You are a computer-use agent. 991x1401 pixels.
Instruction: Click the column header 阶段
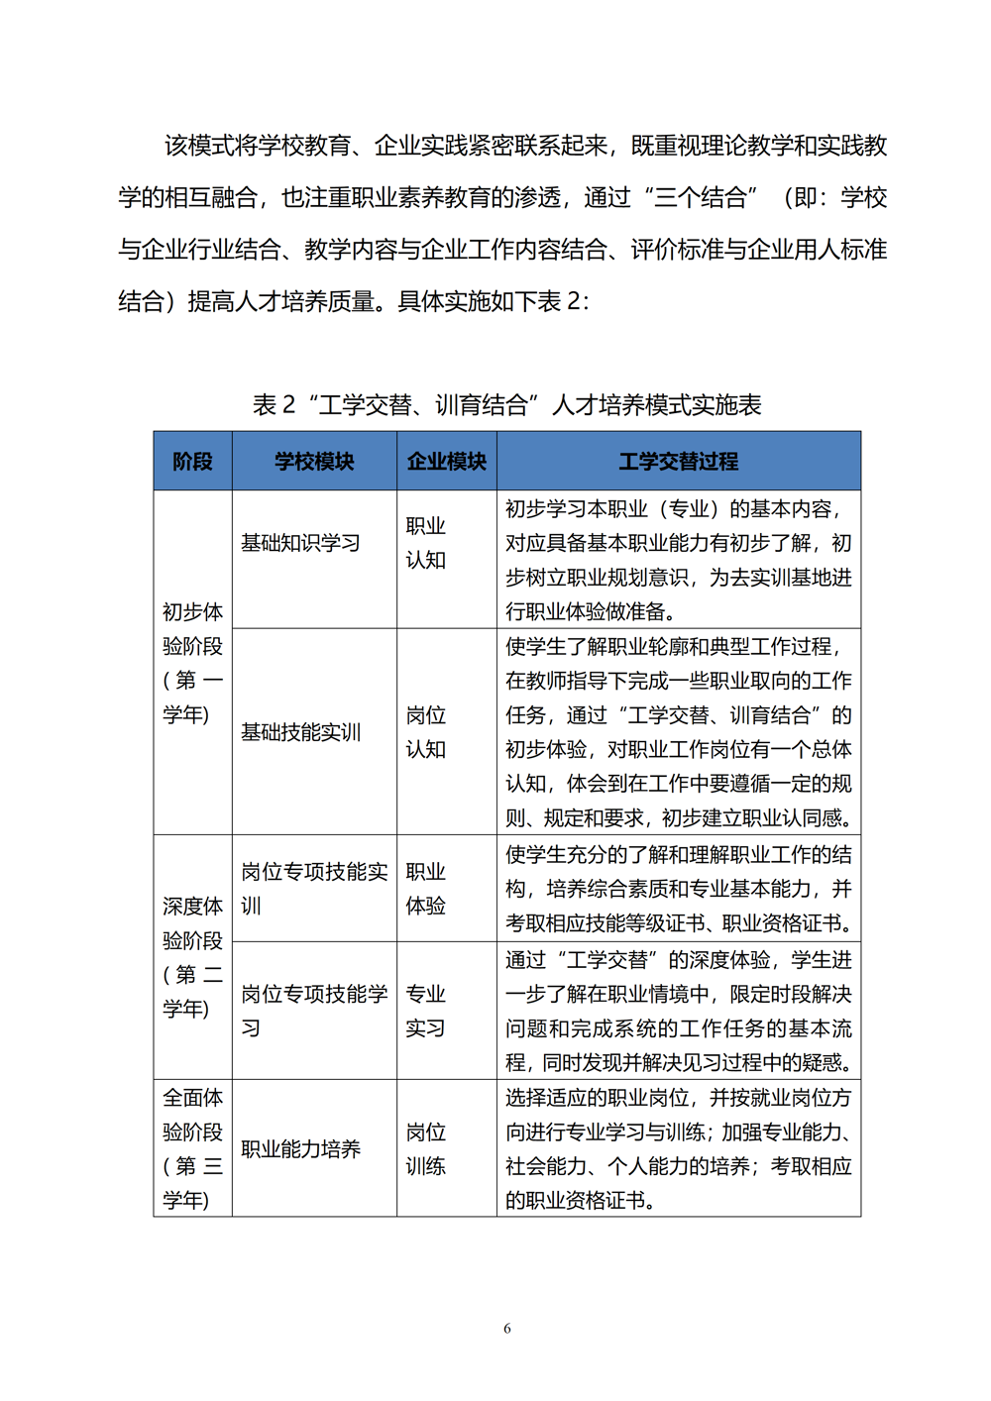tap(192, 462)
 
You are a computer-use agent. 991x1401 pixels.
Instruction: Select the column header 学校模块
tap(314, 462)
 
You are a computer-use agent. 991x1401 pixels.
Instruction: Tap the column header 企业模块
tap(446, 462)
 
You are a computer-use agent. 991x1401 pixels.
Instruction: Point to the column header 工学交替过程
tap(678, 462)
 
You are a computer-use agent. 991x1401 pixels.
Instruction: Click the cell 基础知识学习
tap(300, 543)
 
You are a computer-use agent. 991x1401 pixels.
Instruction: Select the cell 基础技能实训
tap(300, 732)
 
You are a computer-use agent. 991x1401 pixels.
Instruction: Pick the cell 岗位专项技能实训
tap(313, 889)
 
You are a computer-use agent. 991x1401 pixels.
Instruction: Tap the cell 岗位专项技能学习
tap(313, 1011)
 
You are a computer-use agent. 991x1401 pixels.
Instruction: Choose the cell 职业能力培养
tap(300, 1149)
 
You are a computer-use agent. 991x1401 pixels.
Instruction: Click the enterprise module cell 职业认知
tap(425, 543)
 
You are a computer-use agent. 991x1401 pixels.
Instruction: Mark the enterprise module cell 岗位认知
tap(425, 732)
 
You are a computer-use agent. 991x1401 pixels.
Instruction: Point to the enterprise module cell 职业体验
tap(425, 889)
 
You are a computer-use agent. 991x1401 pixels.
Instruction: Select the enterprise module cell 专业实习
tap(425, 1011)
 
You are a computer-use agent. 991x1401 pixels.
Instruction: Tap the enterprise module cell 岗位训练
tap(425, 1149)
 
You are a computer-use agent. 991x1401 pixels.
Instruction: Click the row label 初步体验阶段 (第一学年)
tap(192, 663)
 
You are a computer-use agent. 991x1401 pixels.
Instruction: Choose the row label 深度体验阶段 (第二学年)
tap(192, 957)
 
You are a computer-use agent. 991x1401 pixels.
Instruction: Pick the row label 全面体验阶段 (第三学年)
tap(192, 1149)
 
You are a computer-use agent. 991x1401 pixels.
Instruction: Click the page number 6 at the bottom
tap(507, 1329)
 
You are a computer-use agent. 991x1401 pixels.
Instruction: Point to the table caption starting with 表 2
tap(506, 405)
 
